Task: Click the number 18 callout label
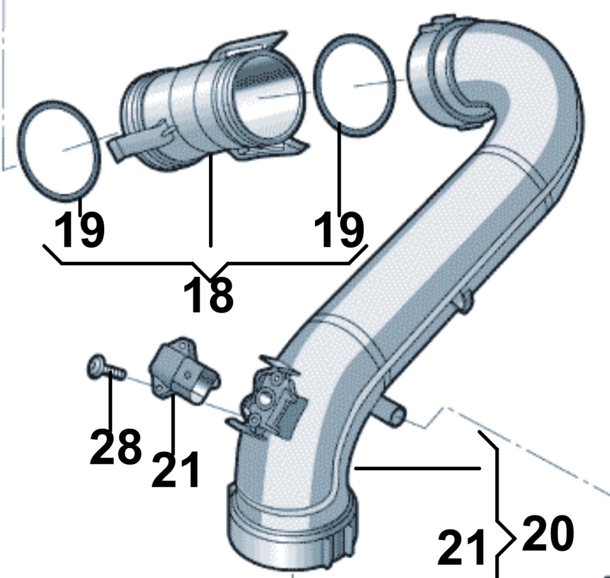pyautogui.click(x=208, y=296)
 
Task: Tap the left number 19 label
pyautogui.click(x=80, y=229)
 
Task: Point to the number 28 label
pyautogui.click(x=116, y=447)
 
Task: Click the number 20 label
pyautogui.click(x=548, y=533)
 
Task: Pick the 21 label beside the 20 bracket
pyautogui.click(x=462, y=548)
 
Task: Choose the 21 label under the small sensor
pyautogui.click(x=176, y=470)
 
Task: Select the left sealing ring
pyautogui.click(x=59, y=151)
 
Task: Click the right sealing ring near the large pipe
pyautogui.click(x=355, y=85)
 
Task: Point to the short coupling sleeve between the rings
pyautogui.click(x=210, y=103)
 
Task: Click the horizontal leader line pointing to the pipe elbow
pyautogui.click(x=418, y=468)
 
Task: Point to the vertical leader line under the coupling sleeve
pyautogui.click(x=211, y=200)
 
